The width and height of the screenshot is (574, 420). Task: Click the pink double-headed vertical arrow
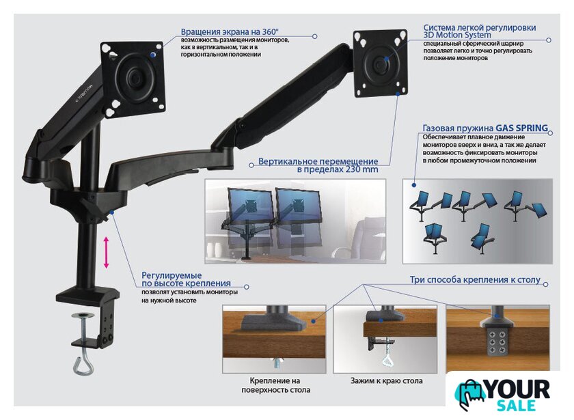106,252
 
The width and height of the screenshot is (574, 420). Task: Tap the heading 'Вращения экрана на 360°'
230,32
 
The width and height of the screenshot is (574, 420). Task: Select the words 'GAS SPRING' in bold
521,128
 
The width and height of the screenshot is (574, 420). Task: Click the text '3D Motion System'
457,35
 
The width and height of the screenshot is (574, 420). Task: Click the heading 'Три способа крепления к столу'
475,279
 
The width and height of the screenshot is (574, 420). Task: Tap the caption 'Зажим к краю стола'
386,381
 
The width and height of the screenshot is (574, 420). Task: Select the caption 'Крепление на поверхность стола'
275,385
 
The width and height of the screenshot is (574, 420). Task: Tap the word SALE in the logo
516,406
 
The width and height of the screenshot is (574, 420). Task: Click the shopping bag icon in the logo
469,395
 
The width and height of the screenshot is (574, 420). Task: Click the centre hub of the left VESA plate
135,77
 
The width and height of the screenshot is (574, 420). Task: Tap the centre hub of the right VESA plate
381,64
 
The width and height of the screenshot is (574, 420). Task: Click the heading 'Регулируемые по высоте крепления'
186,279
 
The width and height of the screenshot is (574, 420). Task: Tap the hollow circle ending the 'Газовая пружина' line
550,133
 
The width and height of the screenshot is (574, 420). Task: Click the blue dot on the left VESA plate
152,55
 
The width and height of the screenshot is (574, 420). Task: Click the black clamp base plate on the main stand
87,294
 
